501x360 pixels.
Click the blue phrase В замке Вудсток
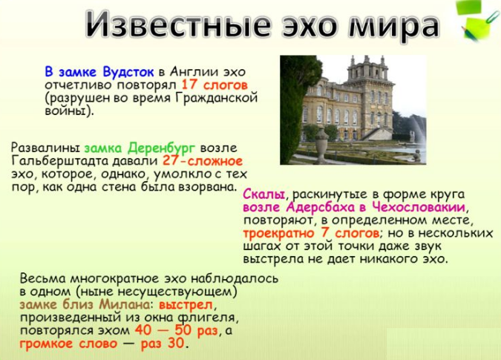click(x=99, y=72)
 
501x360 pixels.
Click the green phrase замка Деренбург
click(x=140, y=147)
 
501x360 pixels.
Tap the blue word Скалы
click(x=263, y=194)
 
